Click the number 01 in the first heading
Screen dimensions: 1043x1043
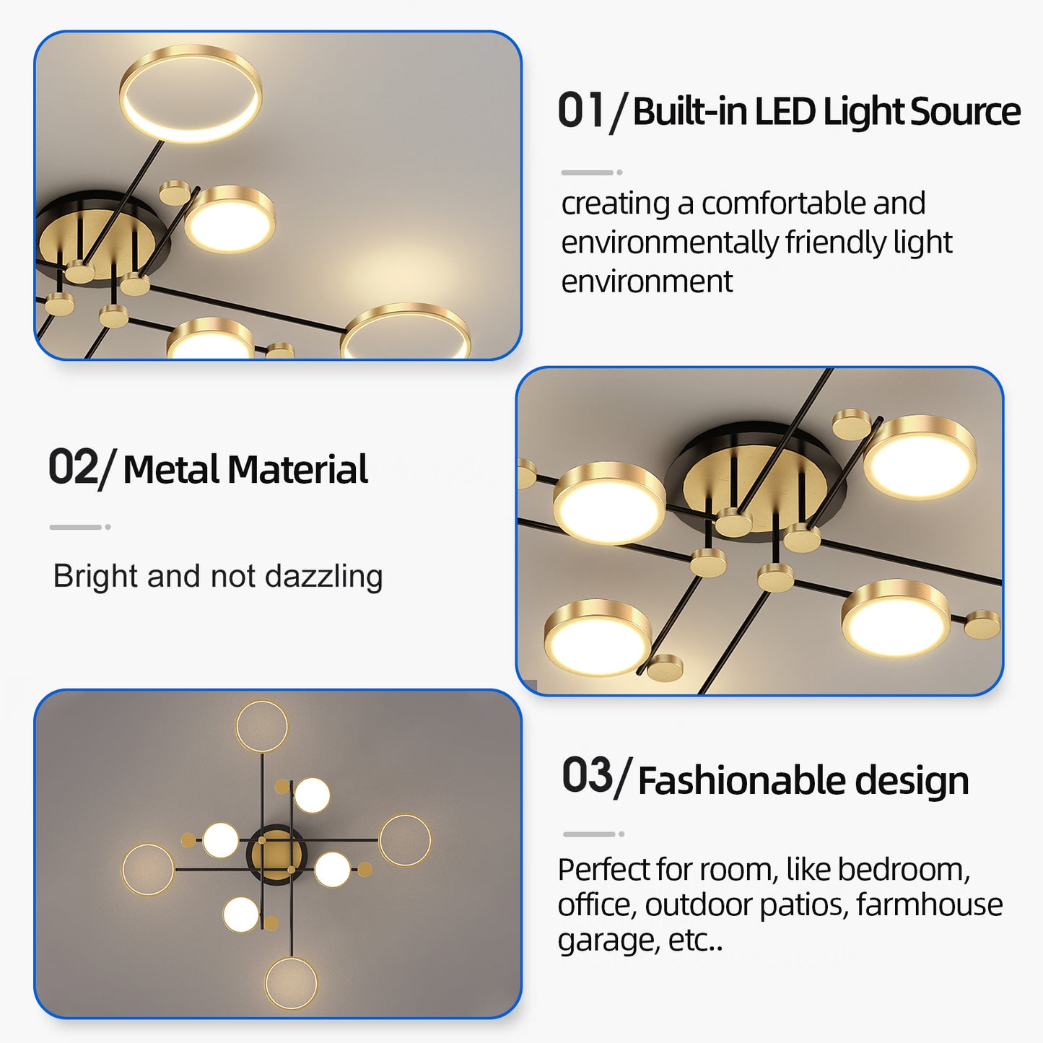click(x=580, y=111)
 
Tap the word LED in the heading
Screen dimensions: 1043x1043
click(x=785, y=112)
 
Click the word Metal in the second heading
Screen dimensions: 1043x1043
click(x=171, y=470)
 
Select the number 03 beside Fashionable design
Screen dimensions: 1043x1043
click(x=588, y=776)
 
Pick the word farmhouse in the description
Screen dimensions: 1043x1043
click(x=929, y=904)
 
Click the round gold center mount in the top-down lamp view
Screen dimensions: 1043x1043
click(x=277, y=855)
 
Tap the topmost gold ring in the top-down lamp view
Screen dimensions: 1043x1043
click(x=262, y=726)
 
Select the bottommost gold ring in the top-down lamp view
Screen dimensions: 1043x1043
click(x=291, y=983)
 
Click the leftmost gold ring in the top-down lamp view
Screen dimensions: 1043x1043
click(x=148, y=870)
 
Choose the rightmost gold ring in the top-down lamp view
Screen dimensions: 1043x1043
click(x=405, y=840)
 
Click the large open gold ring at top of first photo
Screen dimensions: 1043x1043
click(x=191, y=93)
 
